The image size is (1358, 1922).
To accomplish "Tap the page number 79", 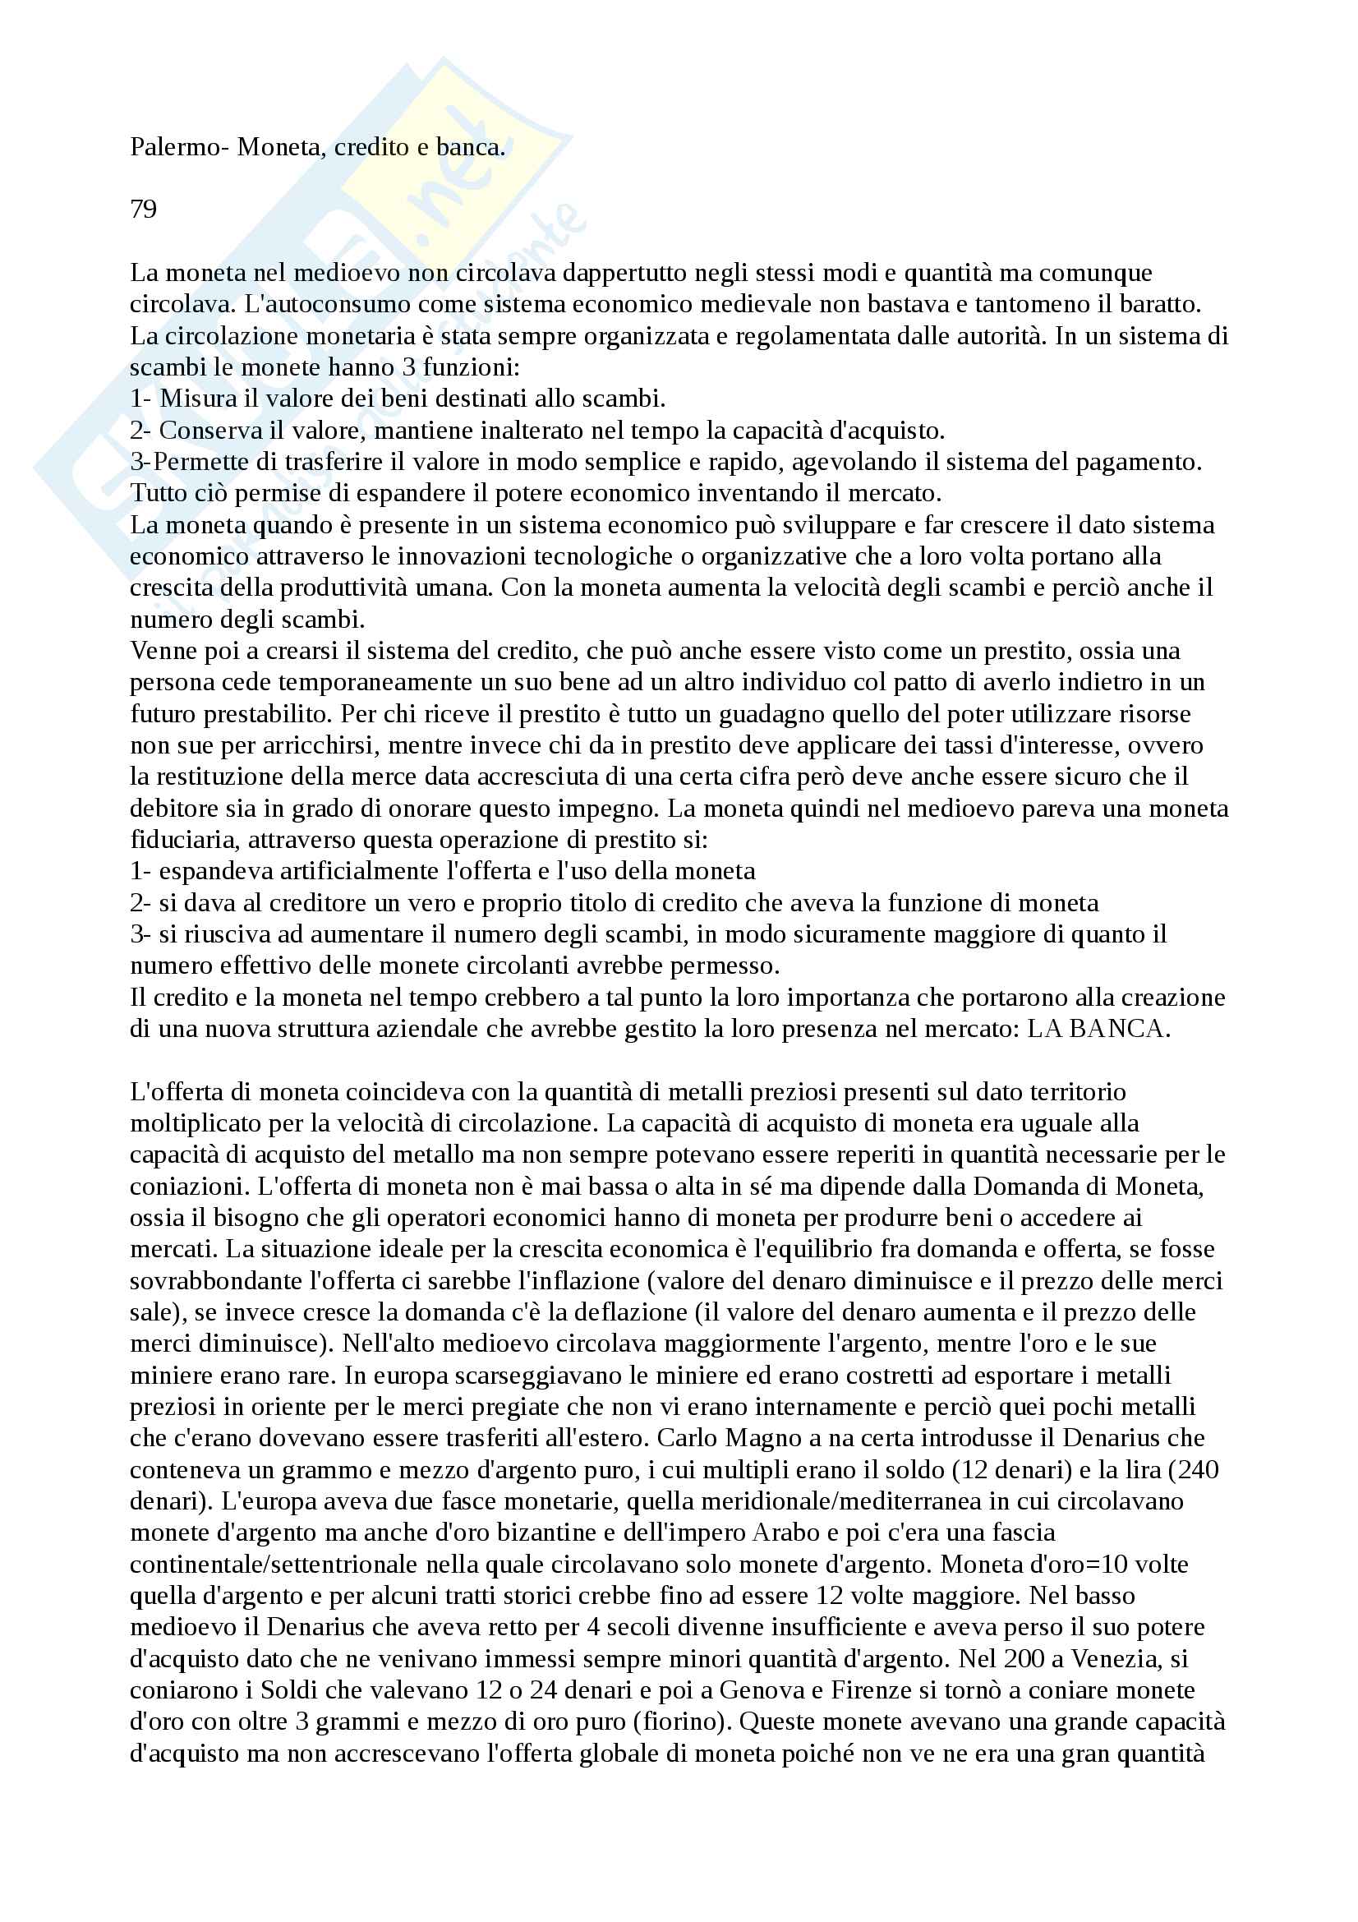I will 143,210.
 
